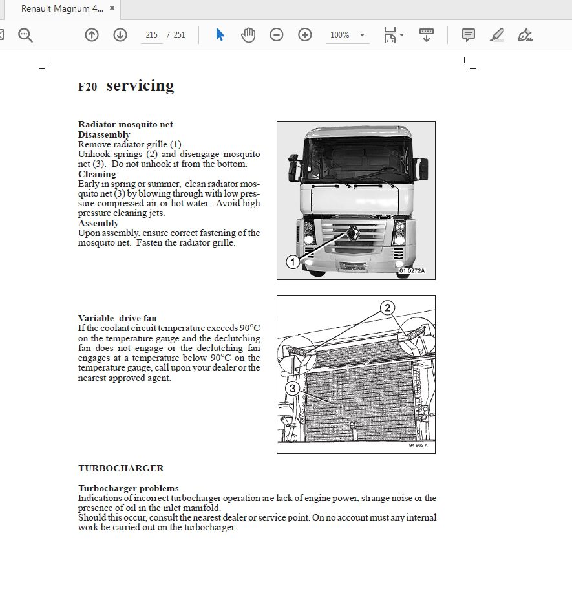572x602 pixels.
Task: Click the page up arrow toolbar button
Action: pos(92,35)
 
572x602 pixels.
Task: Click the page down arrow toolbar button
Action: pos(120,35)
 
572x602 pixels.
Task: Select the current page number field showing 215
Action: pos(152,35)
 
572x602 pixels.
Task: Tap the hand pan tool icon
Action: pos(248,35)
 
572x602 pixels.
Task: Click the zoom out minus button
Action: pos(277,35)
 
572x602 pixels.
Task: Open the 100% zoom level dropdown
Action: pos(348,35)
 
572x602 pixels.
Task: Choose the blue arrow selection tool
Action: pos(220,35)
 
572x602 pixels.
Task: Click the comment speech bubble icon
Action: pos(469,35)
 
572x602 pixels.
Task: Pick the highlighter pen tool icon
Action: pos(496,35)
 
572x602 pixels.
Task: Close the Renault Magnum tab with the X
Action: pos(112,9)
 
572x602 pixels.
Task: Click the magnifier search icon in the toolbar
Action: pos(25,35)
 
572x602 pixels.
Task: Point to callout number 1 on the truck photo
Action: pos(293,262)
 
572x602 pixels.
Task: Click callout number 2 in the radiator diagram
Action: pos(387,308)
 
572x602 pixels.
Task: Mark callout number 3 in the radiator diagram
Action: pos(292,389)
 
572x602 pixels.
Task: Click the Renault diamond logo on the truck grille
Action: pos(354,233)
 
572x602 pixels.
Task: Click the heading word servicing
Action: pos(140,85)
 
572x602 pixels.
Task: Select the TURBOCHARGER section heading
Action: pos(121,468)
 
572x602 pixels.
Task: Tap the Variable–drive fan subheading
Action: pos(117,318)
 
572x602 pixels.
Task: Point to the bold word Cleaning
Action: pos(97,174)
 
